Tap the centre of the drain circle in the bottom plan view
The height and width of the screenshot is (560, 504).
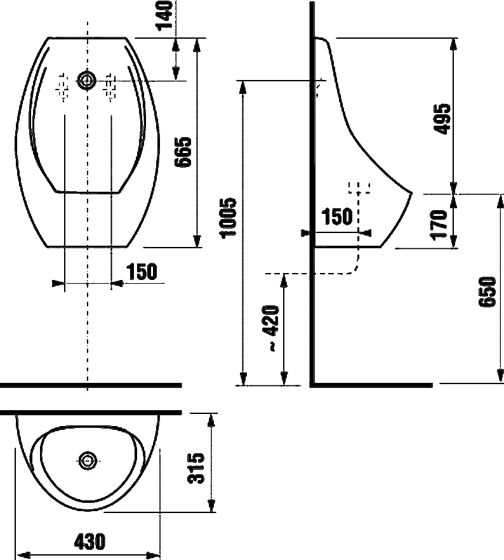[x=88, y=460]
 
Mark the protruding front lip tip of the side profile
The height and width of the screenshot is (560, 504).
[x=412, y=194]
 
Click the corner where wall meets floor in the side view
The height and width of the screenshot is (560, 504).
[x=312, y=385]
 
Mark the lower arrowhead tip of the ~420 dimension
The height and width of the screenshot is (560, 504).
[x=284, y=385]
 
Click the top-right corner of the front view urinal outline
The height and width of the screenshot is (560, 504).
[x=126, y=37]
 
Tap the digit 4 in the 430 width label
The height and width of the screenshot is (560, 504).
[x=79, y=542]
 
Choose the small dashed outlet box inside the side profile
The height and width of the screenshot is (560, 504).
[x=359, y=188]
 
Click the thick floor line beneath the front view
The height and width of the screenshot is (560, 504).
[x=91, y=385]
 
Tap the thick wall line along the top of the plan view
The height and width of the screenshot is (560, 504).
[x=91, y=413]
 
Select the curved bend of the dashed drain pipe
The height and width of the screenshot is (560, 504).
[x=355, y=268]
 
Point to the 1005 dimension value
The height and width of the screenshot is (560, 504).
[x=228, y=218]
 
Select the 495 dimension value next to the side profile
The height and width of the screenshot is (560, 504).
[x=442, y=119]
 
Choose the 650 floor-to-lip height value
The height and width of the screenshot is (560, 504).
[x=487, y=291]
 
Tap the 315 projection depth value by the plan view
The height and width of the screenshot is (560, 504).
[x=196, y=468]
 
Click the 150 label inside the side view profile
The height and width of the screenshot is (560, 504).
[x=337, y=217]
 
